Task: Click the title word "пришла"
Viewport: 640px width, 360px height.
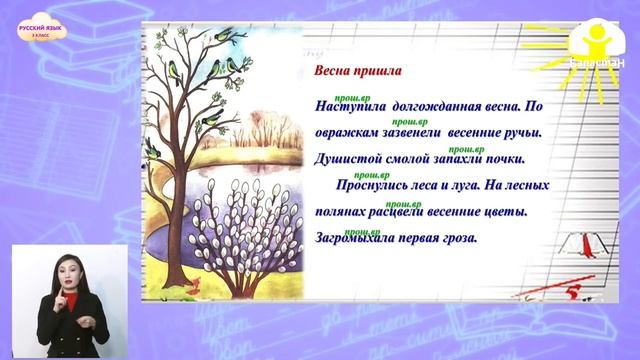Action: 375,72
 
